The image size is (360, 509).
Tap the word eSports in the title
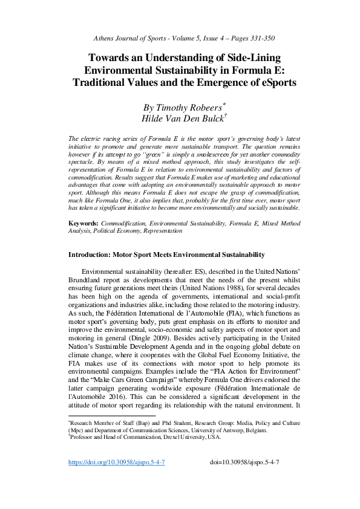pos(274,83)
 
